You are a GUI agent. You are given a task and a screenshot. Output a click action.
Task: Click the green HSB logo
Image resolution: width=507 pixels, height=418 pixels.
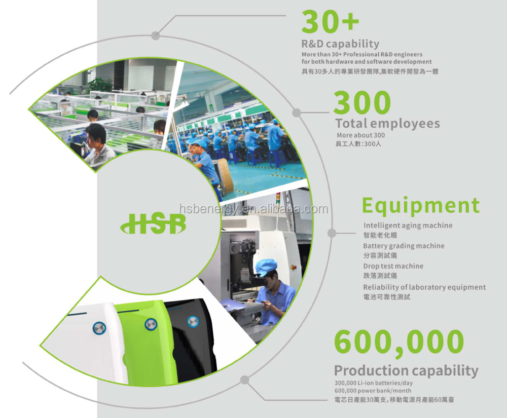click(x=153, y=223)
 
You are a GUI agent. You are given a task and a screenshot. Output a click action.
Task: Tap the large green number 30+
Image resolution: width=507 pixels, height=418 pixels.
click(x=330, y=21)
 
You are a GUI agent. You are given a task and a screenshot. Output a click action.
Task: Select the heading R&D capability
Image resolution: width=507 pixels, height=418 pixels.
click(x=340, y=44)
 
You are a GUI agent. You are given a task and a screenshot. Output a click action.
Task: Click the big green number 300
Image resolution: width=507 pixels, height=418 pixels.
click(x=362, y=102)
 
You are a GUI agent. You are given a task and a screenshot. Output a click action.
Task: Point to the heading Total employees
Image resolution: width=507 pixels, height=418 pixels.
click(x=388, y=124)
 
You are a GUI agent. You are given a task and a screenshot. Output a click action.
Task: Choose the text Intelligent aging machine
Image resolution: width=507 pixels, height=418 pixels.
click(x=408, y=225)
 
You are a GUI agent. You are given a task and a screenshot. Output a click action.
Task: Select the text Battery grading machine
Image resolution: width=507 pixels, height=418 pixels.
click(x=404, y=246)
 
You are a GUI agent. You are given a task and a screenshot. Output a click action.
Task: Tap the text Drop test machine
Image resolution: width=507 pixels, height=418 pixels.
click(x=393, y=266)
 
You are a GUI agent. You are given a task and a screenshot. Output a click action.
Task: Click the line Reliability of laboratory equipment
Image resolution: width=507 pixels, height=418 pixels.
click(x=424, y=287)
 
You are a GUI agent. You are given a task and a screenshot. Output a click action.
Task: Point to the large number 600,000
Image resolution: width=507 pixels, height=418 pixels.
click(x=399, y=343)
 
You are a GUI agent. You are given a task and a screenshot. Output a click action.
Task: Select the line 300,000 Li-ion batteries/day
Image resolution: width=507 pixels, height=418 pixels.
click(x=374, y=383)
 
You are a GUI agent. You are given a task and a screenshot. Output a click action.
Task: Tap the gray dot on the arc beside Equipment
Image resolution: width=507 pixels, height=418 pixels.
click(x=332, y=233)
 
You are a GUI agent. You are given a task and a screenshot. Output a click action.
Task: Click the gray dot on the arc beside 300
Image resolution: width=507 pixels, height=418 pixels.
click(x=297, y=113)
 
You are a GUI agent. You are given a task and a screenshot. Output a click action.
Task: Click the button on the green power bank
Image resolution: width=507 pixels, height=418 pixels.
click(x=151, y=324)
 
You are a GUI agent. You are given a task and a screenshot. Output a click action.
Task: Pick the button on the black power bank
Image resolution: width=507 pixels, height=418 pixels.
click(x=193, y=321)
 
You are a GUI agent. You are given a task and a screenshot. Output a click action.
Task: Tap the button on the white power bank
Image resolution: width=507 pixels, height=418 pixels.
click(x=99, y=328)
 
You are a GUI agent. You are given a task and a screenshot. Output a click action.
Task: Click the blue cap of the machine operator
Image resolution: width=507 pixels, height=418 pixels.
click(x=266, y=268)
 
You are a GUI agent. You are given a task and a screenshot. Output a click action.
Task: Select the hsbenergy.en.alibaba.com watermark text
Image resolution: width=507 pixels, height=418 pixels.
click(x=253, y=209)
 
